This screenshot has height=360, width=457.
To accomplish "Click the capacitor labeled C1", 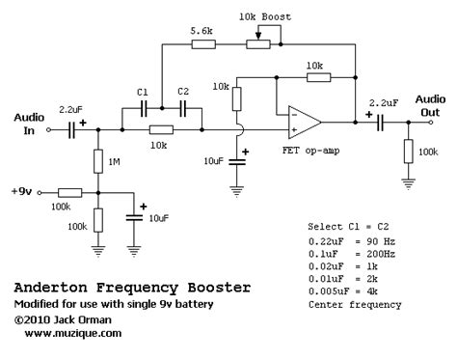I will [142, 108].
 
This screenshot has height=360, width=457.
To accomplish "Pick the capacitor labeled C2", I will [183, 108].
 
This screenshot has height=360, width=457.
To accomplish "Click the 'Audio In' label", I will [29, 122].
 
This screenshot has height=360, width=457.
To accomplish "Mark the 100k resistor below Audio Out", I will [409, 152].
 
